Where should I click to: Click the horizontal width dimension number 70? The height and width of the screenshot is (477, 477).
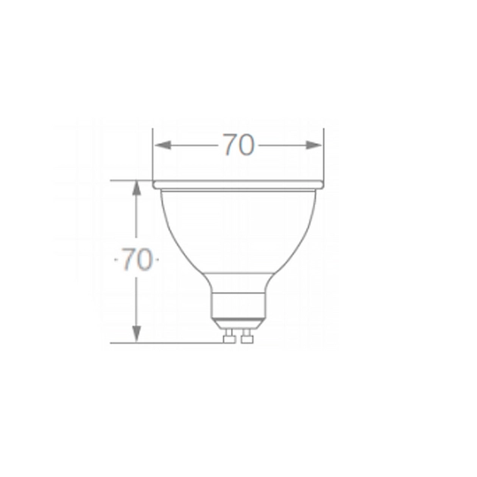[238, 145]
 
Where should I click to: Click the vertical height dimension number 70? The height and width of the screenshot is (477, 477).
[137, 259]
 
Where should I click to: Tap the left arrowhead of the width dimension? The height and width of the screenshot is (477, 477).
[163, 145]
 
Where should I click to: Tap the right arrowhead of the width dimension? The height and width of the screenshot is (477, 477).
[313, 145]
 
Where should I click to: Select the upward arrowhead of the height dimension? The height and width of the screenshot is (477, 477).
[136, 188]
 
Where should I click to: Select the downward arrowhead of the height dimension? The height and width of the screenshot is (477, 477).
[136, 334]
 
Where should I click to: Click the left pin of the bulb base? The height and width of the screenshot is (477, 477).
[229, 336]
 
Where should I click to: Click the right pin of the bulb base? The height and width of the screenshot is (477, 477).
[247, 336]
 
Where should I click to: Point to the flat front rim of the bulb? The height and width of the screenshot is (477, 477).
[238, 185]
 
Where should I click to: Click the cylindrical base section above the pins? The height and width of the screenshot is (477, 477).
[238, 306]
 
